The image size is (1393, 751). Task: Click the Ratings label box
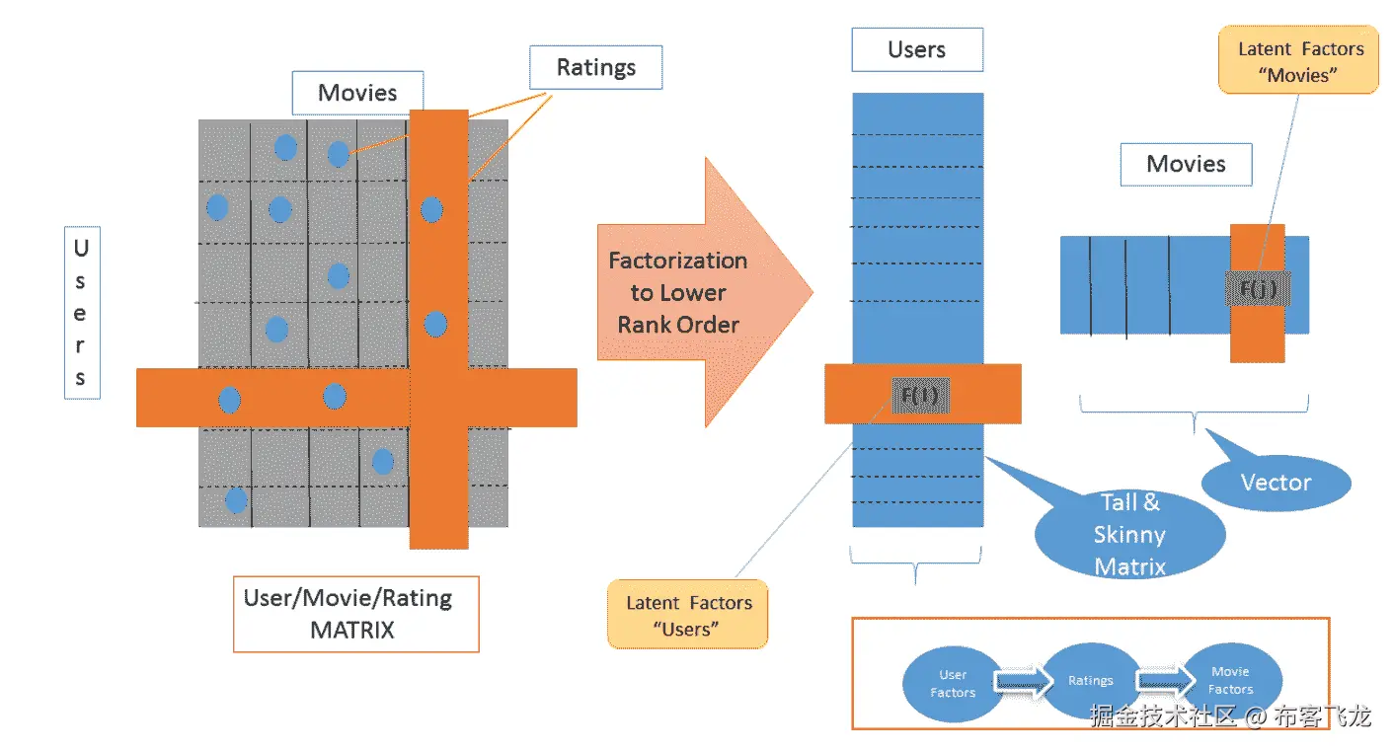point(595,68)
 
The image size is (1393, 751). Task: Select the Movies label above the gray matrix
point(357,93)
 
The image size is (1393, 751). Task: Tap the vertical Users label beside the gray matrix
point(81,314)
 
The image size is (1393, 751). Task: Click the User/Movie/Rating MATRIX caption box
point(355,614)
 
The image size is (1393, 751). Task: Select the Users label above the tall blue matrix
point(916,49)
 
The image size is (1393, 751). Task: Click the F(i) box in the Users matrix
point(918,395)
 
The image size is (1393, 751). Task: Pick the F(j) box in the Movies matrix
point(1257,289)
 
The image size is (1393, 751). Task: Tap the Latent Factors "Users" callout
point(688,615)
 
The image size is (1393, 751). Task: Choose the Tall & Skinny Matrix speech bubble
point(1129,534)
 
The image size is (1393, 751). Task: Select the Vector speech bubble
point(1276,483)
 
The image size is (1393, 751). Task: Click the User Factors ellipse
point(952,684)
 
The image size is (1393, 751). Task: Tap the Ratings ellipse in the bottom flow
point(1090,681)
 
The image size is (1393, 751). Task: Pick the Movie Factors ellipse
point(1230,681)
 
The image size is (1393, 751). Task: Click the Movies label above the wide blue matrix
point(1186,164)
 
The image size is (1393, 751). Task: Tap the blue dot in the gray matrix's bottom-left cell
point(236,500)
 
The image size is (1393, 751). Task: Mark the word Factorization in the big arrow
point(677,262)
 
